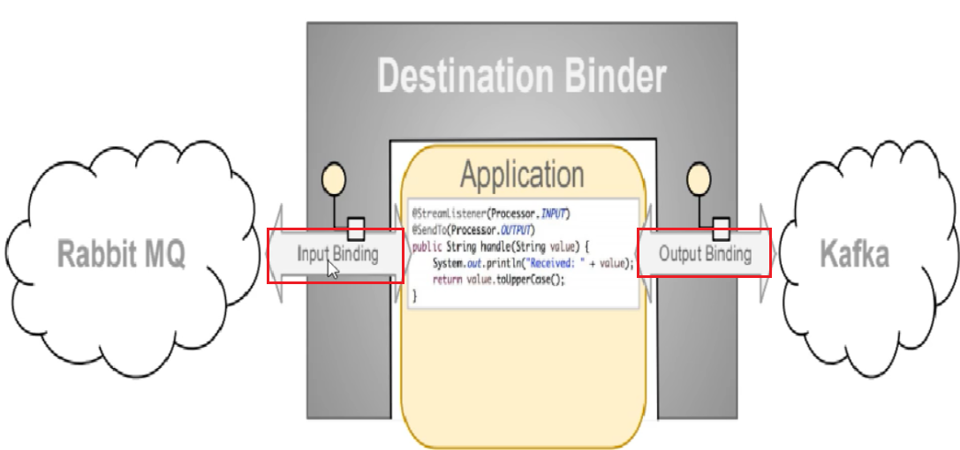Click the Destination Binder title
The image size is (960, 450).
521,77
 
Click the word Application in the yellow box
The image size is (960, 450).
521,174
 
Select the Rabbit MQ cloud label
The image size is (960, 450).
121,255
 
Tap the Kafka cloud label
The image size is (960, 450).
854,255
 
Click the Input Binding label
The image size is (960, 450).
337,254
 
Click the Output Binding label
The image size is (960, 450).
705,254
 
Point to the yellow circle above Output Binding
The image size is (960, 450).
699,177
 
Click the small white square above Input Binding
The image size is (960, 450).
356,229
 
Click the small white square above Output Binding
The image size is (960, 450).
721,229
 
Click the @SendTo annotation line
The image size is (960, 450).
472,230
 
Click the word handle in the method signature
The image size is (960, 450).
499,247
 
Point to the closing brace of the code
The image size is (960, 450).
414,296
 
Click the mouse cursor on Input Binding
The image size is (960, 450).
332,268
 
